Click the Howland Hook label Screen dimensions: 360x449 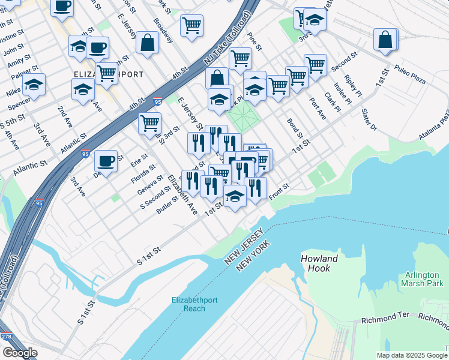320,263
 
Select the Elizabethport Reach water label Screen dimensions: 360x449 188,304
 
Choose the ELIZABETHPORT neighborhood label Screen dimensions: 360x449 108,74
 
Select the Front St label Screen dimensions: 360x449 279,193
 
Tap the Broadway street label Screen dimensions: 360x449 163,30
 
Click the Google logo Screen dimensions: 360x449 20,353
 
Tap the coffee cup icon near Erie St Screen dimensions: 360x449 106,161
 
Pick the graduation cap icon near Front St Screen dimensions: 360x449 235,196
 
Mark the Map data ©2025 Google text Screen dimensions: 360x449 412,355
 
